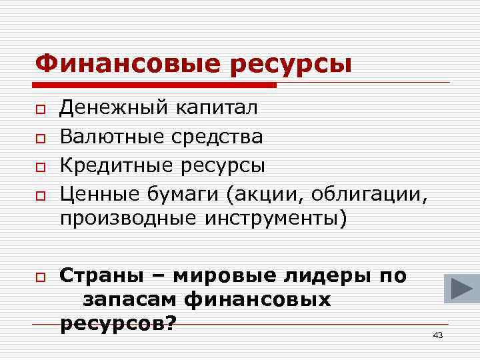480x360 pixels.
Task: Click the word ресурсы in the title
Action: (291, 65)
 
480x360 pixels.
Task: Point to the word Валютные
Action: (113, 137)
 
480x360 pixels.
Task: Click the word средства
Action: (217, 138)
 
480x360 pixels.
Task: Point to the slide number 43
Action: (437, 335)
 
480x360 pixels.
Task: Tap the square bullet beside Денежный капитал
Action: (41, 109)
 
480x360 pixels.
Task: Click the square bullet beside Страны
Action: (41, 276)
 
